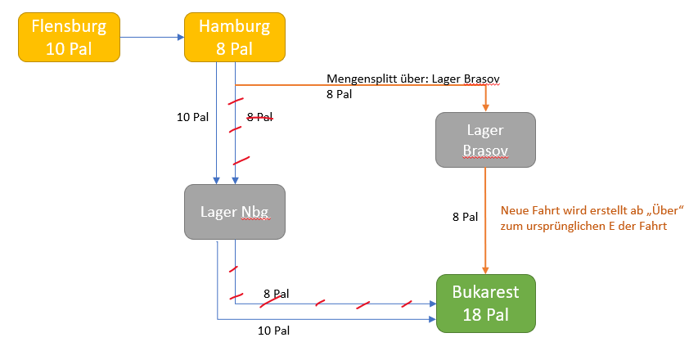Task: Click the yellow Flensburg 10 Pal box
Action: [69, 38]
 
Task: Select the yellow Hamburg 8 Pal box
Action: [235, 38]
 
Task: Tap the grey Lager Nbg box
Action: [235, 212]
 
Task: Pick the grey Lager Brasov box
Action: [486, 141]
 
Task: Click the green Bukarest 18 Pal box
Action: [486, 303]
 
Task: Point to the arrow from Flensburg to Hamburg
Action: [152, 37]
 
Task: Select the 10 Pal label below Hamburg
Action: [192, 117]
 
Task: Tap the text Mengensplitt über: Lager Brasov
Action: [413, 79]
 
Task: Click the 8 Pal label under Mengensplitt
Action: [339, 94]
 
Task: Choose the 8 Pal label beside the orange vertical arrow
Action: [465, 217]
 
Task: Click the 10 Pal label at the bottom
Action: [273, 331]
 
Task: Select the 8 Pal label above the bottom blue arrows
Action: [277, 293]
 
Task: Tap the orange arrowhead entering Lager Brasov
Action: [486, 106]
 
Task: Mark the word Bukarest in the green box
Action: [486, 292]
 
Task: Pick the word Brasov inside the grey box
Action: [486, 151]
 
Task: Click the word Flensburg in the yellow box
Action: [69, 27]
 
